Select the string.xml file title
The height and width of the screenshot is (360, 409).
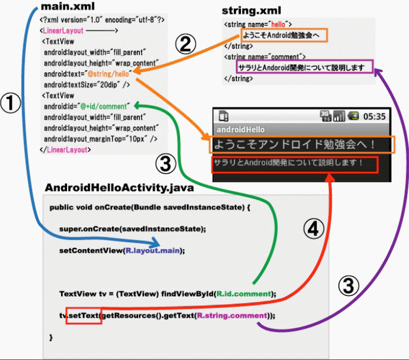tap(252, 11)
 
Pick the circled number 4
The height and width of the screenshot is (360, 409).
tap(315, 230)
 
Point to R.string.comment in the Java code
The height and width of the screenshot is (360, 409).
tap(233, 315)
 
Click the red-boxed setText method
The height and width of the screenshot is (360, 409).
tap(84, 315)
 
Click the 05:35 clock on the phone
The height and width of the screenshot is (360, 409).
tap(373, 116)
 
